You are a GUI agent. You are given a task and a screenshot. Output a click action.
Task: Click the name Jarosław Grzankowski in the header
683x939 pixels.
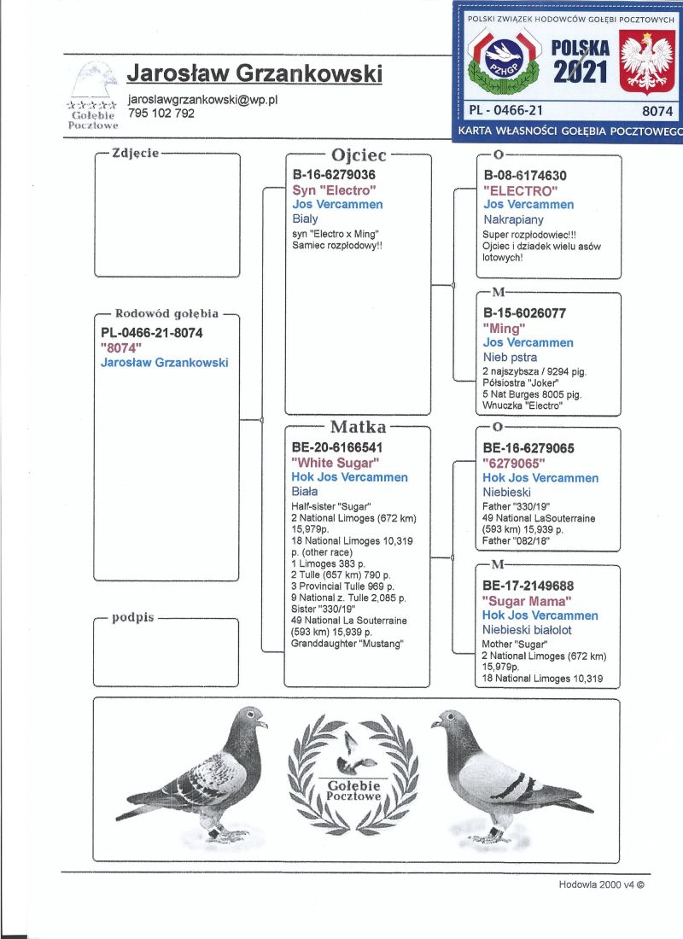[x=254, y=73]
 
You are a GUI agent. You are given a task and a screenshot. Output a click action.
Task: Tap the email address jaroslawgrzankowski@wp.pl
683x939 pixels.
[x=203, y=99]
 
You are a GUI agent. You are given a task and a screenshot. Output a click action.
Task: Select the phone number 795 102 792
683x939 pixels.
[x=161, y=113]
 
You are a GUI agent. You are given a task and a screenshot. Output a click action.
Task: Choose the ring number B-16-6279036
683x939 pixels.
[x=334, y=175]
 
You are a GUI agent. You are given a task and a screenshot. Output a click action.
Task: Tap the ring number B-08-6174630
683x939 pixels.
[x=525, y=176]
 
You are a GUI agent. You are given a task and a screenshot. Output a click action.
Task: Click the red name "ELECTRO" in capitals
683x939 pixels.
[x=520, y=190]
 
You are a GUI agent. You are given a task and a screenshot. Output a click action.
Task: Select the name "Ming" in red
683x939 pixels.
[x=504, y=328]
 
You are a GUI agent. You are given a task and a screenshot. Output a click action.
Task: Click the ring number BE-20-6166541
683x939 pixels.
[x=336, y=446]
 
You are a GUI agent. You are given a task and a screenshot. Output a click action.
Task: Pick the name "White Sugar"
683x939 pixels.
[x=335, y=462]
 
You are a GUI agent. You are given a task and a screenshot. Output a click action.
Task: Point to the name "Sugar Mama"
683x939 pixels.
[x=527, y=600]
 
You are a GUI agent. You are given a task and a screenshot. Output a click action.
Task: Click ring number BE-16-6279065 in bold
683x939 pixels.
[x=528, y=447]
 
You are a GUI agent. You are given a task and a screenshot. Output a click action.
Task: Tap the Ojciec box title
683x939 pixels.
[x=359, y=155]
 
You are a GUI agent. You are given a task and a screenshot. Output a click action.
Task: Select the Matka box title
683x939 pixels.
[x=359, y=427]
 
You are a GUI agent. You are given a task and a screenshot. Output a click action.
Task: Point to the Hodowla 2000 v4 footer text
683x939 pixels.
[x=601, y=885]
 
